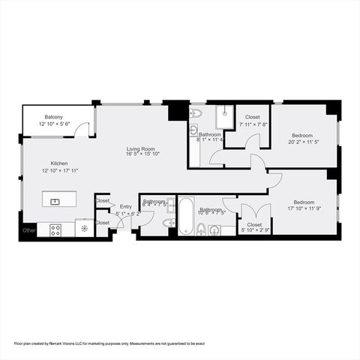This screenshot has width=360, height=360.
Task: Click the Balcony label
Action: pyautogui.click(x=53, y=117)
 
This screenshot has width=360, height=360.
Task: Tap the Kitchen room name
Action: pyautogui.click(x=59, y=163)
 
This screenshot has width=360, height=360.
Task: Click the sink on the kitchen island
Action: pyautogui.click(x=55, y=201)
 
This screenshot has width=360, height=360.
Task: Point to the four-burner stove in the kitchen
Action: pyautogui.click(x=55, y=229)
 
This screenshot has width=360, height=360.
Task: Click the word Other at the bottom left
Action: pyautogui.click(x=28, y=229)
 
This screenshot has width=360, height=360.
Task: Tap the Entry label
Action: pyautogui.click(x=125, y=206)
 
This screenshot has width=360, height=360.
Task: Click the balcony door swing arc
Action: pyautogui.click(x=83, y=129)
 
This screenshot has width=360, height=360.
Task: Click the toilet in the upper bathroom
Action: pyautogui.click(x=195, y=114)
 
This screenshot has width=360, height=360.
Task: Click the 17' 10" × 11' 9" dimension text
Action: pyautogui.click(x=303, y=208)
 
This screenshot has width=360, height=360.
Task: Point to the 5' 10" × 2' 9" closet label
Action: pyautogui.click(x=254, y=230)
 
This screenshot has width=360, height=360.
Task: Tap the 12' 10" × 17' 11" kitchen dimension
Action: pyautogui.click(x=59, y=170)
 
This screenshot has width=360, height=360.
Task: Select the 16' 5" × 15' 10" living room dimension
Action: pyautogui.click(x=141, y=156)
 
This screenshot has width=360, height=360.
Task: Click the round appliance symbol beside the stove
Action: pyautogui.click(x=84, y=229)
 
